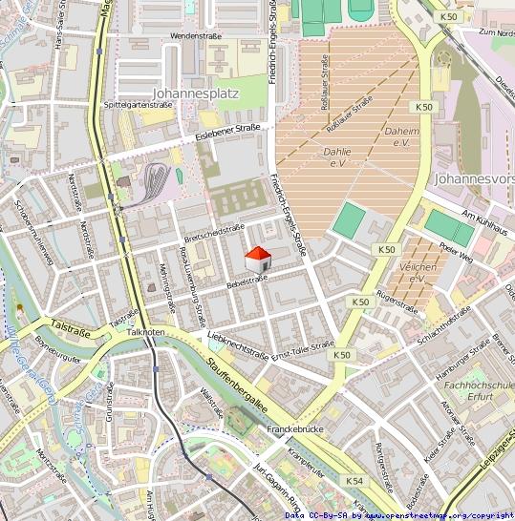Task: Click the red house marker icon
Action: [x=258, y=259]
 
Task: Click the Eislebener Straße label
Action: [x=227, y=131]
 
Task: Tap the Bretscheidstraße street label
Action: [x=213, y=232]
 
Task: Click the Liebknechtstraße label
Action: [x=236, y=344]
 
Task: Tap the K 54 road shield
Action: [x=354, y=481]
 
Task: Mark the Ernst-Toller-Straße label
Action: [x=302, y=350]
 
